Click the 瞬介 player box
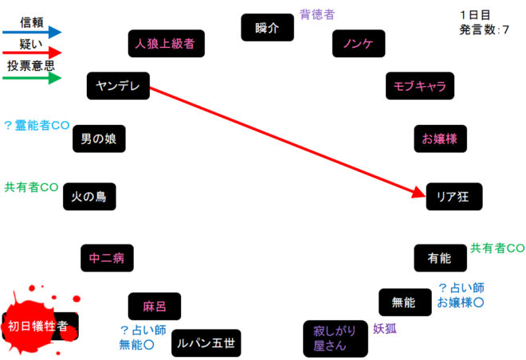[267, 27]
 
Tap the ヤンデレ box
[118, 86]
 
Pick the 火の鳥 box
[89, 195]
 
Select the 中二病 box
[106, 258]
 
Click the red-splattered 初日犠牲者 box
[39, 325]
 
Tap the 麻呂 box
[154, 307]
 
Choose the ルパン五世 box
[206, 343]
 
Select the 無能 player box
[404, 303]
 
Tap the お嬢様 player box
[440, 139]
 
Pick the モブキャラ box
[420, 86]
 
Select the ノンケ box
[358, 43]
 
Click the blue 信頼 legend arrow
[32, 32]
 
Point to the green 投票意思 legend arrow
[32, 78]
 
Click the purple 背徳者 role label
[317, 14]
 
